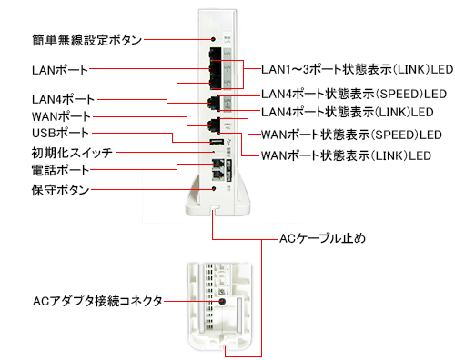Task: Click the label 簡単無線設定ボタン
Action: pos(87,40)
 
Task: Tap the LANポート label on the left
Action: pos(60,70)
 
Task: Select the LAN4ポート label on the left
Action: pos(64,99)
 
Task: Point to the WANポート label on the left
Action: pos(61,116)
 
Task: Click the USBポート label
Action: pos(60,133)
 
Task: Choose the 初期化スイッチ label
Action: pos(72,153)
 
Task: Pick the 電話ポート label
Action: pos(60,170)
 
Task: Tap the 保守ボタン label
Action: pos(60,190)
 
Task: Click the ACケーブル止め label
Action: pos(322,238)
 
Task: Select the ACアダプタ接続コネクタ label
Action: pos(97,301)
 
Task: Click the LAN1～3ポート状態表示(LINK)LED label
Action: pos(358,69)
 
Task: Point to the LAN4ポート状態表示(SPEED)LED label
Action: pos(354,94)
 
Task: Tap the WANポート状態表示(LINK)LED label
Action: pos(346,155)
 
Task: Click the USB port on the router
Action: pos(216,142)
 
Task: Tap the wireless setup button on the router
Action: pos(213,39)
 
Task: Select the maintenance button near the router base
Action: pos(214,188)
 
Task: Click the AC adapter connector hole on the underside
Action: pos(222,302)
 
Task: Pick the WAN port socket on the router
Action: pos(214,125)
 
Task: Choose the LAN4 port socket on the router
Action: pos(214,104)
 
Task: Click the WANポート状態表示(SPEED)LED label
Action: pos(351,135)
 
